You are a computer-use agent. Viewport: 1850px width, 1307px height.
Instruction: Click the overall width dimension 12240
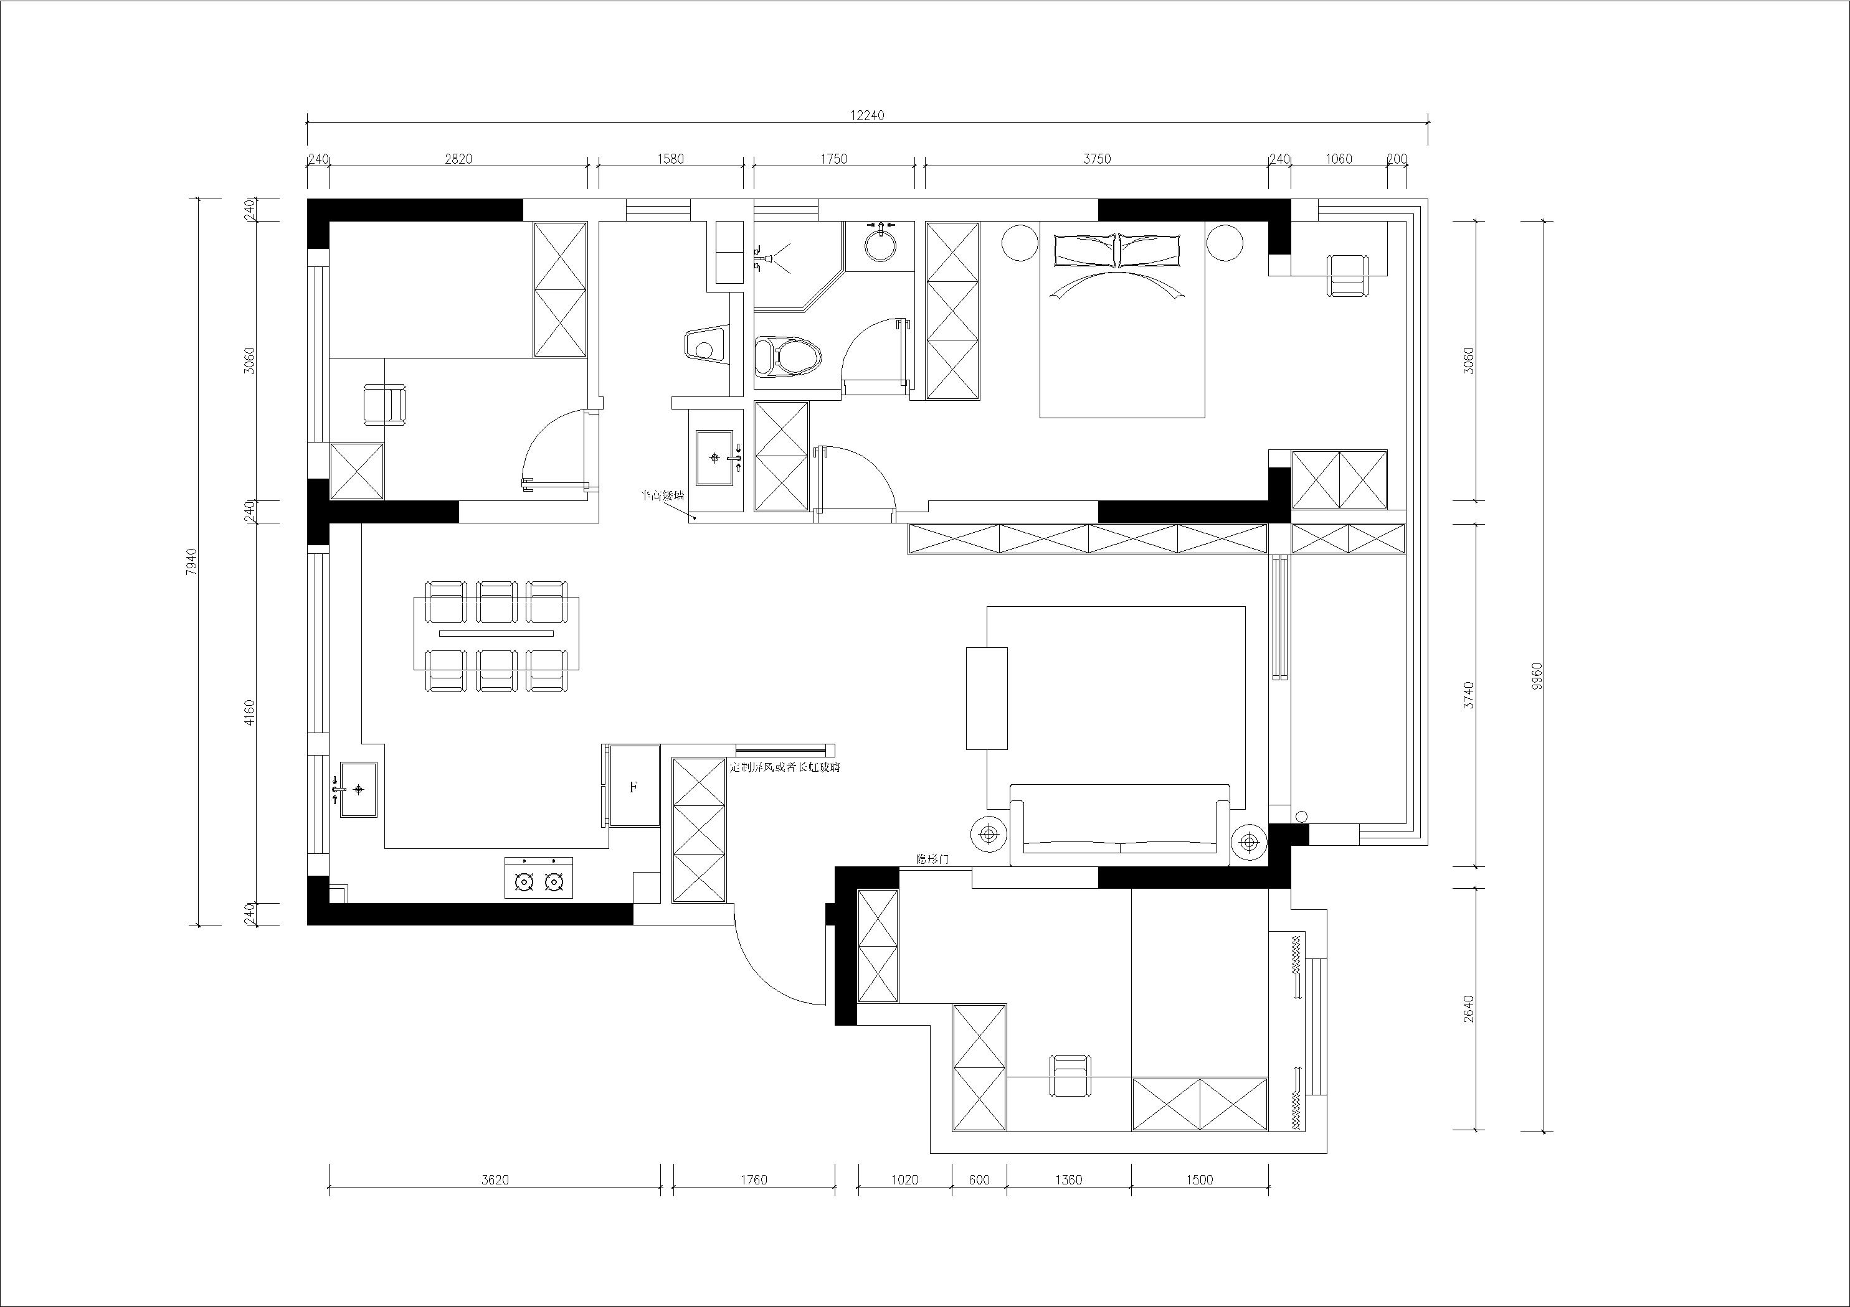click(867, 115)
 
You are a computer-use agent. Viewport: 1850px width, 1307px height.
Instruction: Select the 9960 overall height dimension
click(1537, 677)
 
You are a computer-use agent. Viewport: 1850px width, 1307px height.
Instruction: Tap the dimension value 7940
click(191, 561)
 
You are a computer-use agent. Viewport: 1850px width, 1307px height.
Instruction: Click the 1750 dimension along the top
click(834, 159)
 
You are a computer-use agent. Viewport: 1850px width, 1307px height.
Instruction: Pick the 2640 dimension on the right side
click(1468, 1008)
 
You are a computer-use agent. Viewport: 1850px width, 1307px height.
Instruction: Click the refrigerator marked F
click(634, 787)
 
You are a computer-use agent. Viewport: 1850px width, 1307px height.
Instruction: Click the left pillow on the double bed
click(1084, 250)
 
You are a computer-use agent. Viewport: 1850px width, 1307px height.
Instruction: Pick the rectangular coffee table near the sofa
click(986, 698)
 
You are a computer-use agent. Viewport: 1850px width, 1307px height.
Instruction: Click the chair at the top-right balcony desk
click(1348, 274)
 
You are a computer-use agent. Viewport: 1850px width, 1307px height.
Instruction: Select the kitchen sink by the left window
click(358, 790)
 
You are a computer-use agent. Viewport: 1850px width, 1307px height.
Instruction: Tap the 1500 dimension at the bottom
click(1199, 1181)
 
